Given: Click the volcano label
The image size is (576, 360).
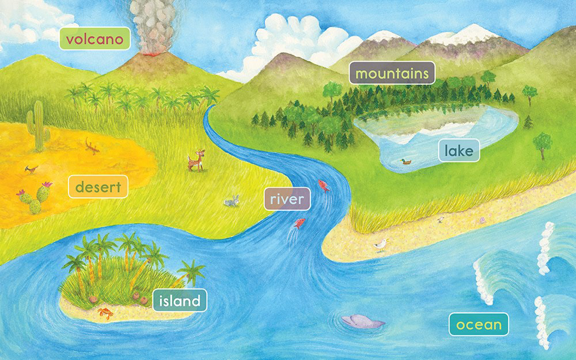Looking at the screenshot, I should (95, 39).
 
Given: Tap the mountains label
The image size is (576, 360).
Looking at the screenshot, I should (392, 73).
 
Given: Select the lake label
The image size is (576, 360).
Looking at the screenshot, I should (458, 151).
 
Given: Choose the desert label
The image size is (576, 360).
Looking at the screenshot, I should (98, 187).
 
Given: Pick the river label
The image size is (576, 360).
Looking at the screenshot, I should (287, 199).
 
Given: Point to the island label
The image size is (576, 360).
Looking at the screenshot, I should (180, 300).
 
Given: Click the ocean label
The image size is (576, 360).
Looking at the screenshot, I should (479, 324).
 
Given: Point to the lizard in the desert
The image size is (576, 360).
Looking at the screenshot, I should (92, 146).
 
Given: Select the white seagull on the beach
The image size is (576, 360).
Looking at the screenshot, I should (381, 246).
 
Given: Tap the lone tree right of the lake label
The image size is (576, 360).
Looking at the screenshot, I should (542, 142).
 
